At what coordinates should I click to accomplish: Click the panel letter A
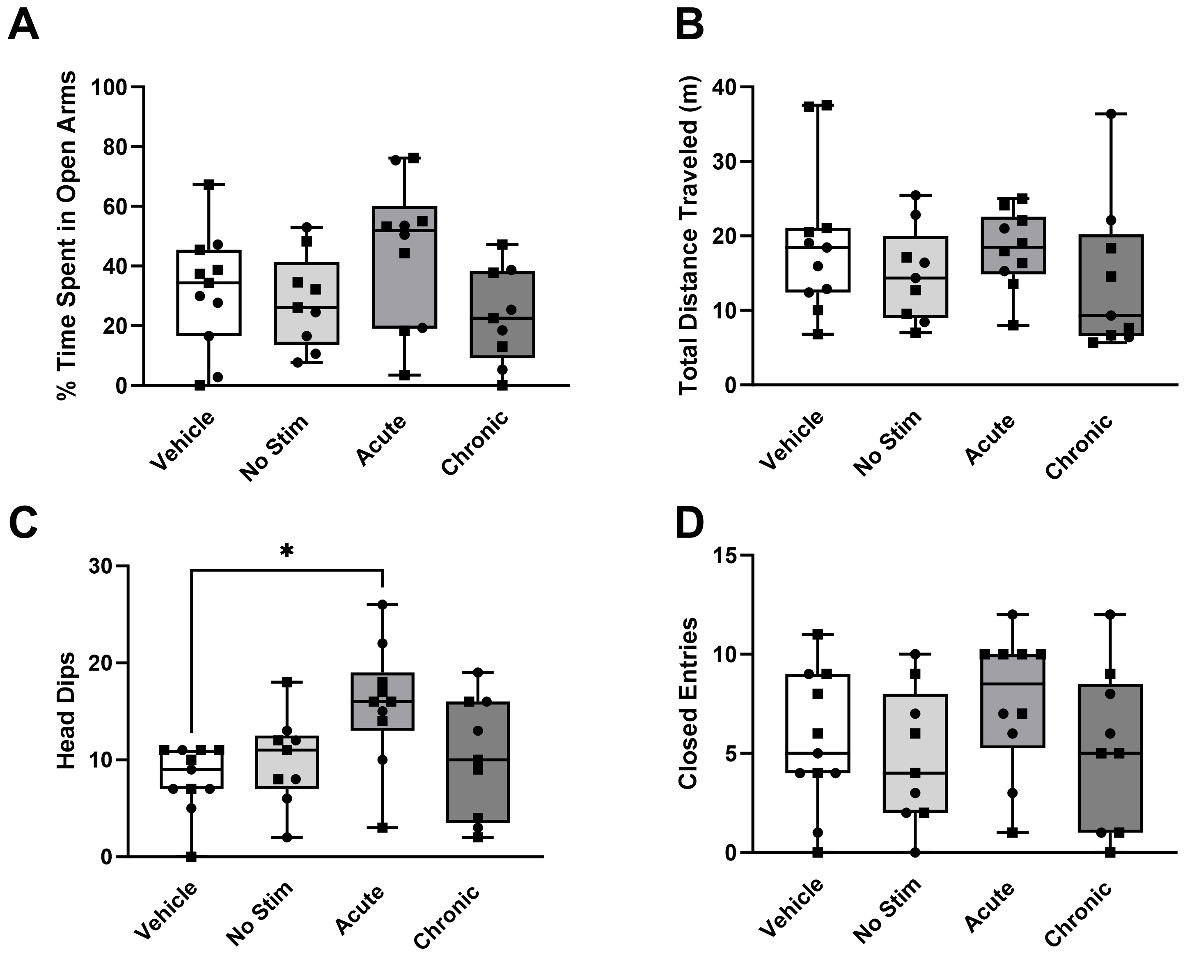24,26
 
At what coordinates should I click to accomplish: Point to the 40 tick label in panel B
725,88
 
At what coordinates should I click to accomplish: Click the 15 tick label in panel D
725,556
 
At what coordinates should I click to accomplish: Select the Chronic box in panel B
1110,285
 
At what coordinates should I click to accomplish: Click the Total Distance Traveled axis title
688,235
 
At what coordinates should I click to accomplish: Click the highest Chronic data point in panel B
1111,114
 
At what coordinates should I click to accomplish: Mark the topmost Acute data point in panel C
383,604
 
